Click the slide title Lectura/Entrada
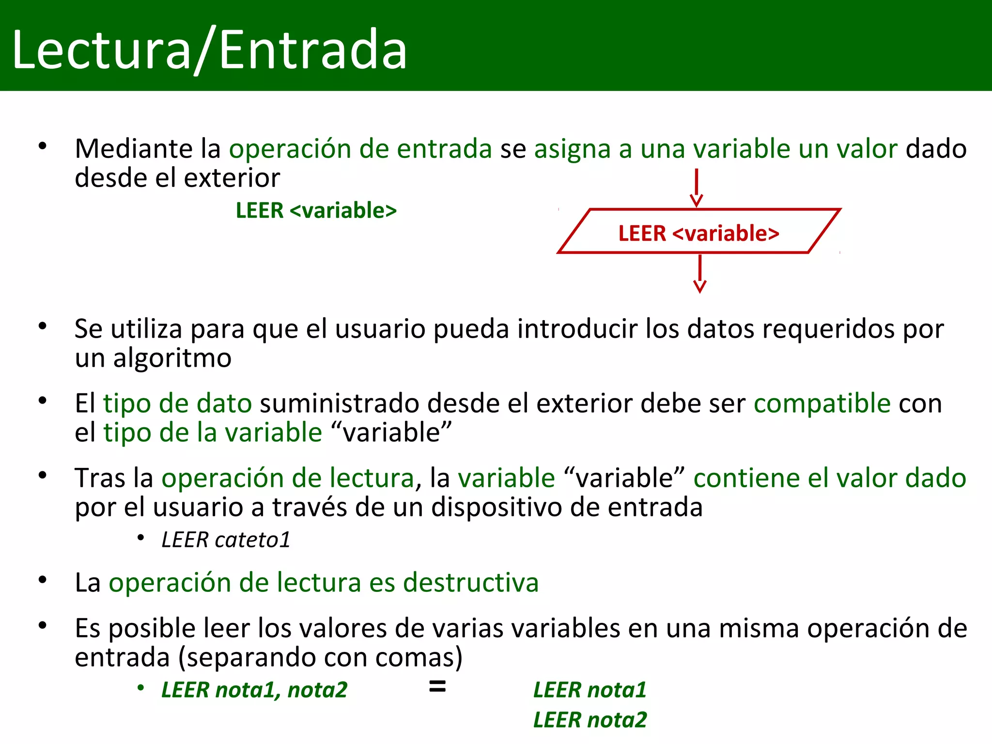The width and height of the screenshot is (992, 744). pos(209,49)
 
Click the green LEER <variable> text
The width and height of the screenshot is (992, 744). pos(316,211)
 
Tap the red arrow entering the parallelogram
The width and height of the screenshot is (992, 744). pos(696,188)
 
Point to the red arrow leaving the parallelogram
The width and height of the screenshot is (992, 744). pos(700,274)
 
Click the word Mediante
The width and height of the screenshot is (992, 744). pos(134,149)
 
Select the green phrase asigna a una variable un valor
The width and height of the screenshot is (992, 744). pos(715,149)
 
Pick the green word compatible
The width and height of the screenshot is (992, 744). pos(822,403)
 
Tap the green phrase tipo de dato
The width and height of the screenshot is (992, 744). pos(177,403)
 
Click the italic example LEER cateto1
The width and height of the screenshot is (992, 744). pos(226,540)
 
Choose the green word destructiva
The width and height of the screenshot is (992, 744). pos(471,582)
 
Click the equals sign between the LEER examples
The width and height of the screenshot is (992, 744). pos(437,686)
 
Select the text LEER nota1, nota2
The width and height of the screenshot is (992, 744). pos(254,690)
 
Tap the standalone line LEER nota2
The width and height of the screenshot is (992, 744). pos(590,720)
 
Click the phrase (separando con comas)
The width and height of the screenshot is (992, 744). pos(320,658)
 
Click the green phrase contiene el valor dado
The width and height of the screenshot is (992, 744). pos(829,478)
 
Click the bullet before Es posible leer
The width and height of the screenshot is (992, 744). pos(43,625)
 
